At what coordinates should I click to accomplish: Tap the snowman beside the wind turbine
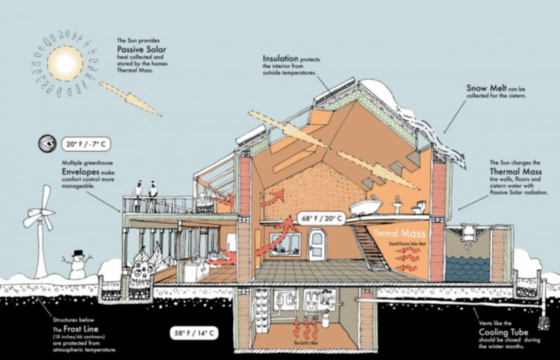pos(77,265)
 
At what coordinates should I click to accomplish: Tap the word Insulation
pos(280,58)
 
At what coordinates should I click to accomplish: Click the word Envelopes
pos(81,171)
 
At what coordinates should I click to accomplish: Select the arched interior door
pos(317,245)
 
